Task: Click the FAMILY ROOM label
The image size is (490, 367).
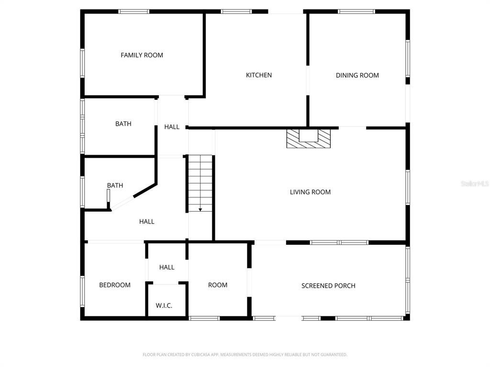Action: point(142,55)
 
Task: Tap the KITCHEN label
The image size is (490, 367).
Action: point(259,75)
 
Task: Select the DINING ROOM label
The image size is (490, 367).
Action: point(357,75)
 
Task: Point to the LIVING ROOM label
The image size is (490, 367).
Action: point(310,192)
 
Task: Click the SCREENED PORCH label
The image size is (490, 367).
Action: point(328,286)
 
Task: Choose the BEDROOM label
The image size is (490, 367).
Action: point(115,285)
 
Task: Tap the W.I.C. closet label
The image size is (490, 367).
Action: point(164,305)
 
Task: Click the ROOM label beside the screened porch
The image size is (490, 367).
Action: point(218,285)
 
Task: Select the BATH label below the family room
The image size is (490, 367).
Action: point(123,124)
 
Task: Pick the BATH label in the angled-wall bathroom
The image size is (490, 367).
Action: point(115,185)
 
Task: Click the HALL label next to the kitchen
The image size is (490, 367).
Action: point(172,127)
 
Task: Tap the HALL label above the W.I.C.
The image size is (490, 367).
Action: point(167,268)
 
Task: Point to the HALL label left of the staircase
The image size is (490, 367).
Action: point(147,222)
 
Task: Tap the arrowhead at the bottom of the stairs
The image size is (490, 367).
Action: point(200,210)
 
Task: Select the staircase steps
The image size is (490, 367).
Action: point(200,183)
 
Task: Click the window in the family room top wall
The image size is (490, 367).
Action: point(134,11)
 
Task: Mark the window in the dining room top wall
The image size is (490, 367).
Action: point(356,11)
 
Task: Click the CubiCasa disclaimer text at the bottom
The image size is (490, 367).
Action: point(245,355)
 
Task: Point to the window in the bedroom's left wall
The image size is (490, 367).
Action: point(82,291)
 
